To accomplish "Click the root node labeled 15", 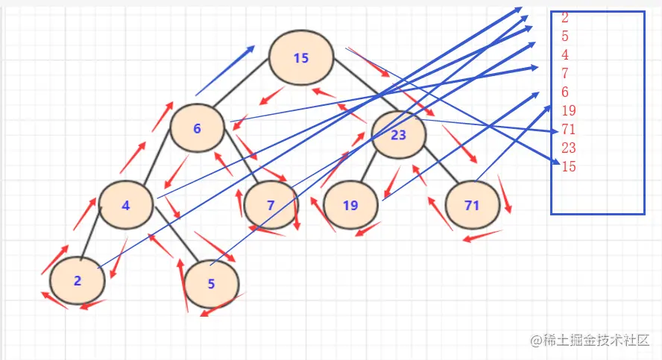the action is (301, 58).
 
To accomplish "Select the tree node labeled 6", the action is (197, 128).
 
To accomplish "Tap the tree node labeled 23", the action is (399, 135).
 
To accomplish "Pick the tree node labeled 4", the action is (126, 205).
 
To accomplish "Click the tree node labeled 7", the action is (271, 205).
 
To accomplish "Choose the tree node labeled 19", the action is (350, 205).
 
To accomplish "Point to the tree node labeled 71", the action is (473, 205).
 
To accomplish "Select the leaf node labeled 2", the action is (78, 281).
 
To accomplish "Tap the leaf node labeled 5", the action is (212, 284).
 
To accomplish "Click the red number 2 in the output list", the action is (565, 18).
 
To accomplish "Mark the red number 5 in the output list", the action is (565, 37).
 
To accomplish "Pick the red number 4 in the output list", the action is (565, 55).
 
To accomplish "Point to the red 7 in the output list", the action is (565, 74).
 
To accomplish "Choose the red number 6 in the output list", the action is (565, 92).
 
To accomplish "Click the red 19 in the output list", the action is (569, 110).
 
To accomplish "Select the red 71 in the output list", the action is (569, 129).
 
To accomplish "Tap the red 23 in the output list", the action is (569, 148).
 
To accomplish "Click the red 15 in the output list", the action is (569, 166).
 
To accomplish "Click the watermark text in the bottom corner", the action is (590, 340).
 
